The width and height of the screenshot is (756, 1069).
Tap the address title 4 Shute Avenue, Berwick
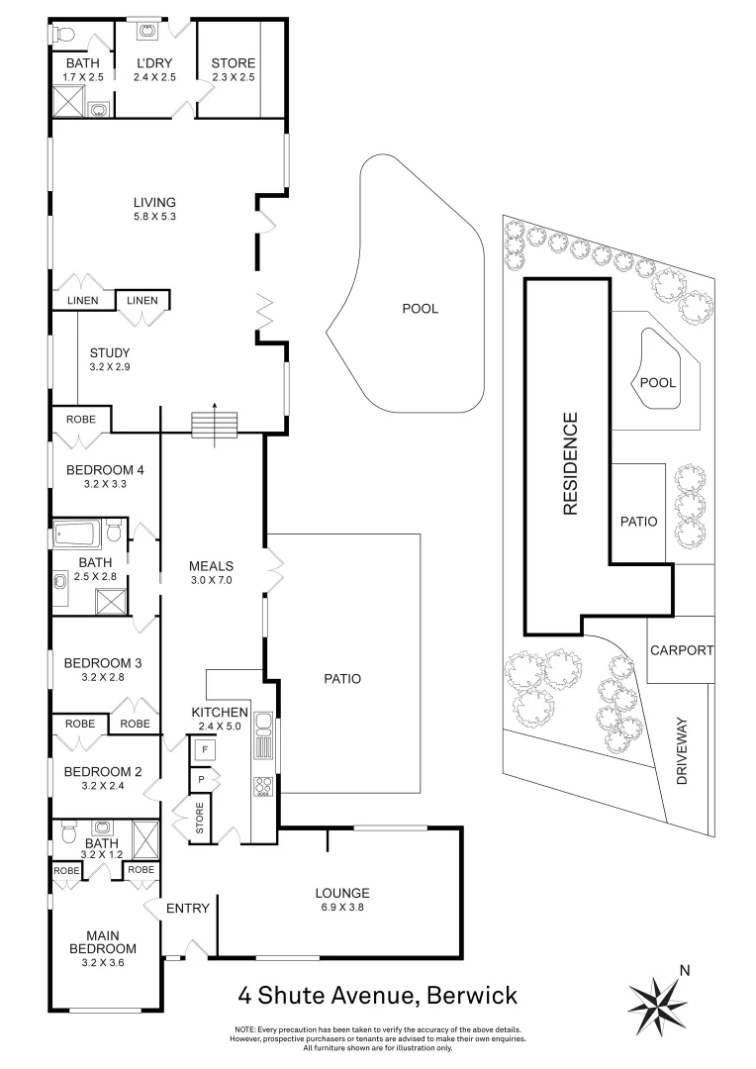377,994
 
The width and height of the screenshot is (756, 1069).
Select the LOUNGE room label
342,892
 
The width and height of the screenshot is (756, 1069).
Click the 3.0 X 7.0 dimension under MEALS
210,581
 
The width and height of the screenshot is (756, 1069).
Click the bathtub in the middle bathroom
79,535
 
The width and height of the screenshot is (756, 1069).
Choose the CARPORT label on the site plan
681,650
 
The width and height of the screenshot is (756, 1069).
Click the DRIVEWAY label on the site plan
681,752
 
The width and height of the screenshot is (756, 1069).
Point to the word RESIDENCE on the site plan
570,464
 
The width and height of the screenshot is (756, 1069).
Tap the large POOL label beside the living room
420,309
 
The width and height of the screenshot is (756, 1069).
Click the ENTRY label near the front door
186,908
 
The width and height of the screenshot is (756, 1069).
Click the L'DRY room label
154,64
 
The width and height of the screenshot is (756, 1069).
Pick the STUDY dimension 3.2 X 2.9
109,367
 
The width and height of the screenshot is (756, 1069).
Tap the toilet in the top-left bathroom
63,35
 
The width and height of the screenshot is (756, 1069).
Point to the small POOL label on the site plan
658,382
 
